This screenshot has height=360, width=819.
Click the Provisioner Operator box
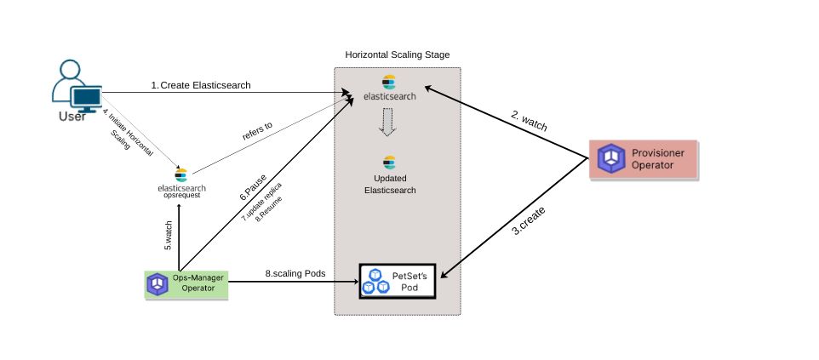[644, 159]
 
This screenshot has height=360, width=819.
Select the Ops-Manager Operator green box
[186, 283]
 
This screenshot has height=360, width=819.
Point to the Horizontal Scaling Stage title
[397, 54]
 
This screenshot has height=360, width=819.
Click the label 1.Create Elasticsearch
[201, 85]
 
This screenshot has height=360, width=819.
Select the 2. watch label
[530, 120]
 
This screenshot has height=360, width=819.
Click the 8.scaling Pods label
[295, 273]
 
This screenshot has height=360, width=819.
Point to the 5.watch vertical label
[168, 236]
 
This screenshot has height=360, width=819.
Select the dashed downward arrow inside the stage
[389, 123]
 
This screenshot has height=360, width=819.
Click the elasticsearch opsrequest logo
[180, 177]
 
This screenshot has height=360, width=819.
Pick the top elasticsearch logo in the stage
[390, 83]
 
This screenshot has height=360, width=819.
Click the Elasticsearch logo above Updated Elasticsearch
[390, 162]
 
